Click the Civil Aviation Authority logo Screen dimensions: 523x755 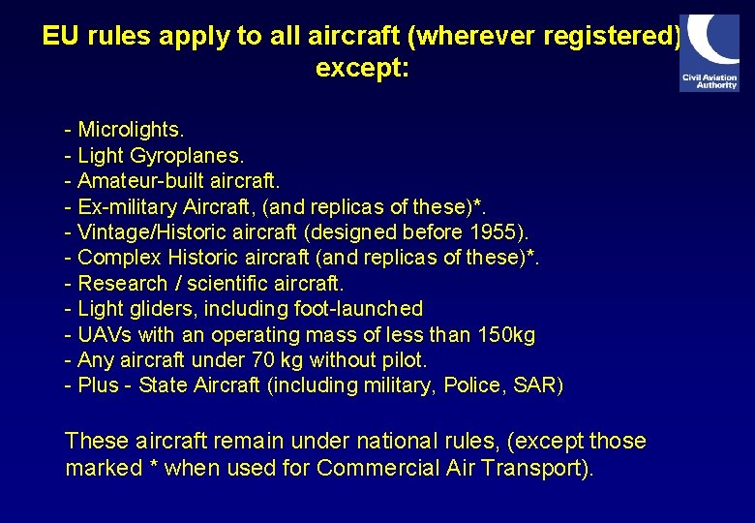tap(710, 53)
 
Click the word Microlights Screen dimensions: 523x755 tap(131, 129)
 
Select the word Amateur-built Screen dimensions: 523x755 tap(141, 181)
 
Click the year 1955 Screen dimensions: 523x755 tap(496, 232)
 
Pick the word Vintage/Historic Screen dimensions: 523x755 tap(155, 232)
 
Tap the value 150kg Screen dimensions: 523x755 tap(506, 335)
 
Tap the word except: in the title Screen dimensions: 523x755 tap(363, 70)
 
